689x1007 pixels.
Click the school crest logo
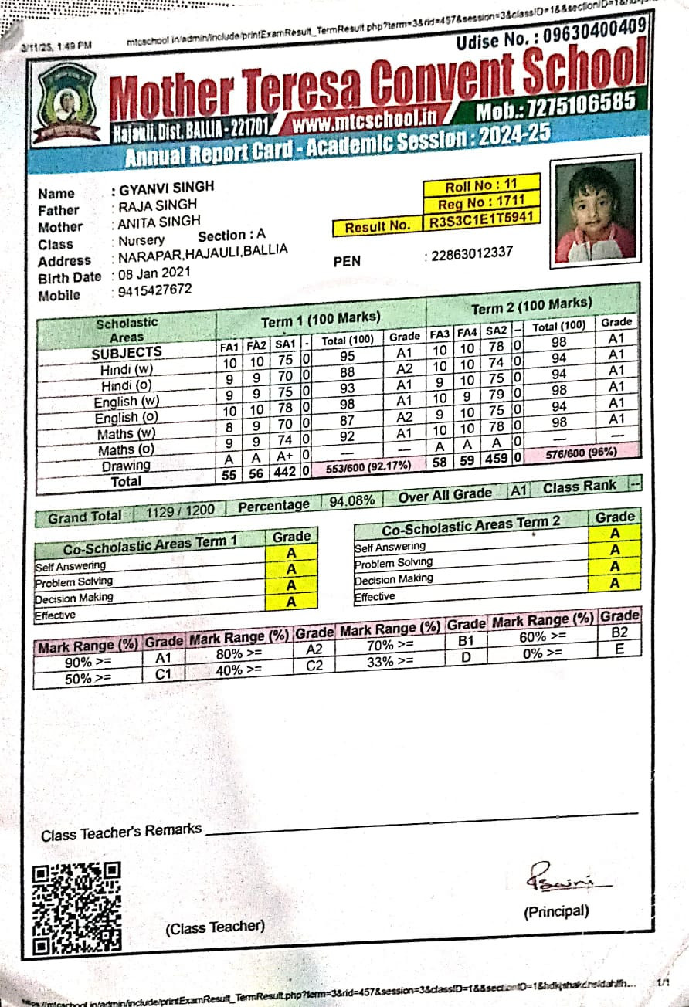68,102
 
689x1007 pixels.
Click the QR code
77,907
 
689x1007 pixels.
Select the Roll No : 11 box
480,186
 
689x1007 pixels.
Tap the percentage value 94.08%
352,501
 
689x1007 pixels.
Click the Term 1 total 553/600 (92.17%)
368,466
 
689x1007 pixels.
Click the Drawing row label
126,466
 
